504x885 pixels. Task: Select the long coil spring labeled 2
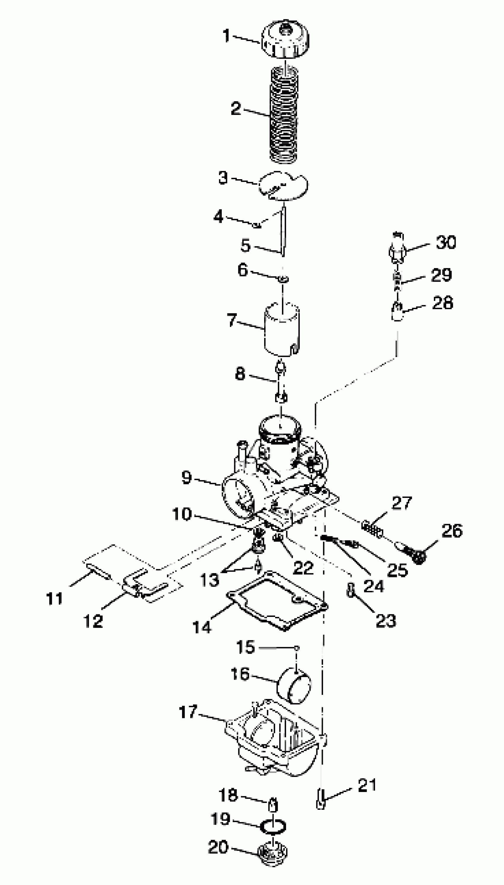coord(284,116)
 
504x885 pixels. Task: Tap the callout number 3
coord(223,178)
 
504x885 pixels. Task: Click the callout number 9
coord(186,477)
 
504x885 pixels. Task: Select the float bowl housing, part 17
coord(273,748)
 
